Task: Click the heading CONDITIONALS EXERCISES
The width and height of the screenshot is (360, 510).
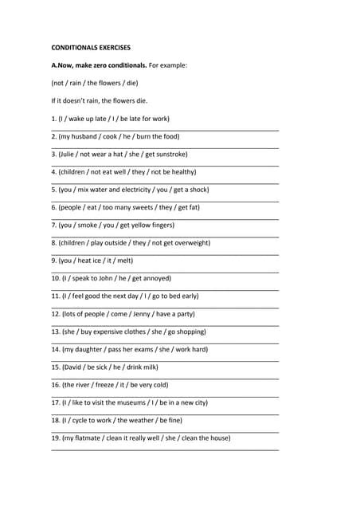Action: click(91, 48)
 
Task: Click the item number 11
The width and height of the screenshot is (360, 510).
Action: click(56, 296)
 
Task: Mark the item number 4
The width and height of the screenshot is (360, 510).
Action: click(54, 172)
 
